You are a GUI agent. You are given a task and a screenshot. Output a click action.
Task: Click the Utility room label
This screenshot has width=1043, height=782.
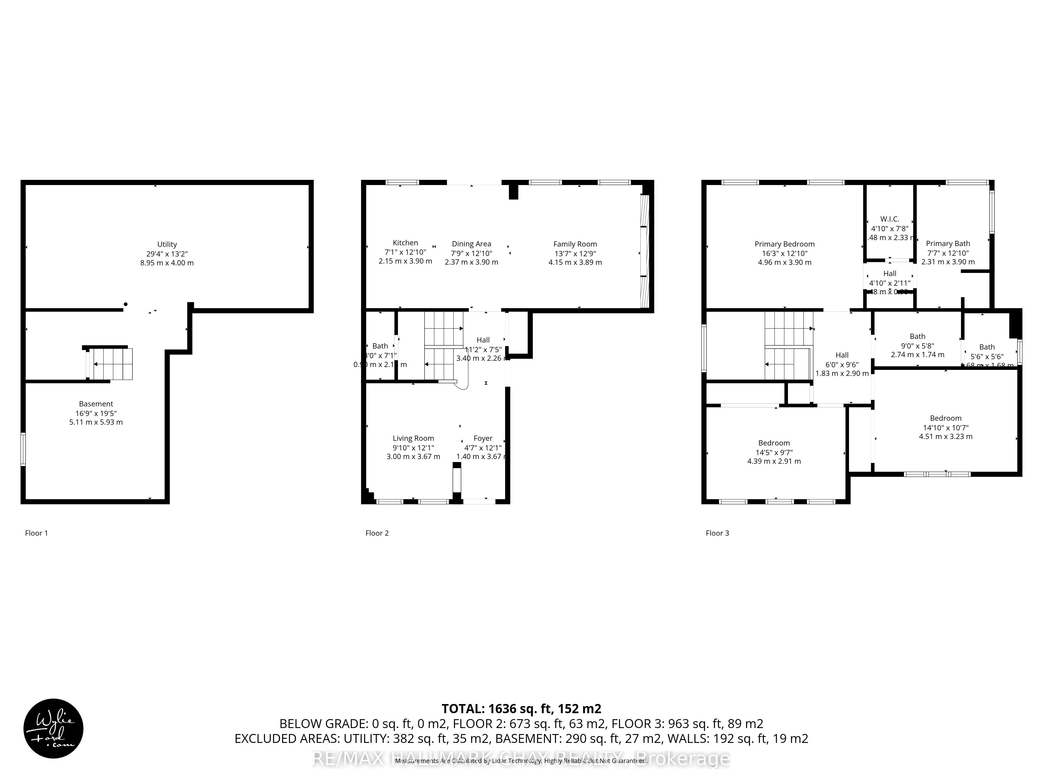[x=167, y=244]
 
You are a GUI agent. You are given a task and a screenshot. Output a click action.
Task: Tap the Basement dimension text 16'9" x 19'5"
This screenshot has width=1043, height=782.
[x=96, y=413]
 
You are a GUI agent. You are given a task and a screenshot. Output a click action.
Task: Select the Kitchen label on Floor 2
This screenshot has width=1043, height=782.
[x=405, y=243]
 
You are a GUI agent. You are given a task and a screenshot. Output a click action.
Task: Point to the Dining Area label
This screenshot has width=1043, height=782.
[x=471, y=244]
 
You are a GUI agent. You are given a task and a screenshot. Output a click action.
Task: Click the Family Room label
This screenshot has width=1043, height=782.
[x=575, y=244]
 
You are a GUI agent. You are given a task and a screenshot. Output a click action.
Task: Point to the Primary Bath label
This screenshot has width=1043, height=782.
[x=948, y=243]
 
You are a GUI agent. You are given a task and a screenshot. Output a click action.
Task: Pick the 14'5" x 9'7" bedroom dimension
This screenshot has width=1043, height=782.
[x=774, y=452]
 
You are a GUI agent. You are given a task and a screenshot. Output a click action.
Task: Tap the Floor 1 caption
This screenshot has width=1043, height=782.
[x=36, y=533]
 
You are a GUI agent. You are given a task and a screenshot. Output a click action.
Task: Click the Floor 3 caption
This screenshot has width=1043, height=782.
[x=717, y=533]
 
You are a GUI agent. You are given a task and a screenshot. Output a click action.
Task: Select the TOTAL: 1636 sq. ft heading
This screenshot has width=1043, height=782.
[x=521, y=708]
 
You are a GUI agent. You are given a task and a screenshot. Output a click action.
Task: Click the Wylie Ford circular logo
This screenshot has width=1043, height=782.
[x=53, y=728]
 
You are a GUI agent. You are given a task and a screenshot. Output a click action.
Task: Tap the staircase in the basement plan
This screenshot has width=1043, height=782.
[x=112, y=364]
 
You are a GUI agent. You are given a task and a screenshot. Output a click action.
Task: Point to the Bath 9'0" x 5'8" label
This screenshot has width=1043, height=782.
[x=917, y=336]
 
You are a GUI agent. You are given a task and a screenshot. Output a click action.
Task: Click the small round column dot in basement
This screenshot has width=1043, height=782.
[x=125, y=304]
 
